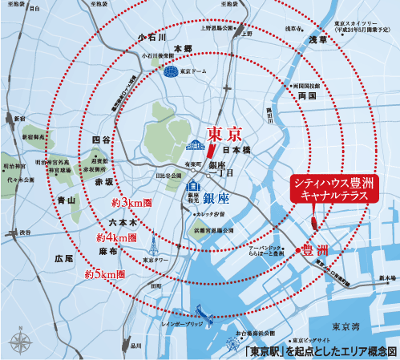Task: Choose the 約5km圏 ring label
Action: (x=104, y=273)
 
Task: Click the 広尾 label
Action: (x=64, y=259)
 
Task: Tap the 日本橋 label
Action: (x=236, y=150)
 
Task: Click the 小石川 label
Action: (x=151, y=37)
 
